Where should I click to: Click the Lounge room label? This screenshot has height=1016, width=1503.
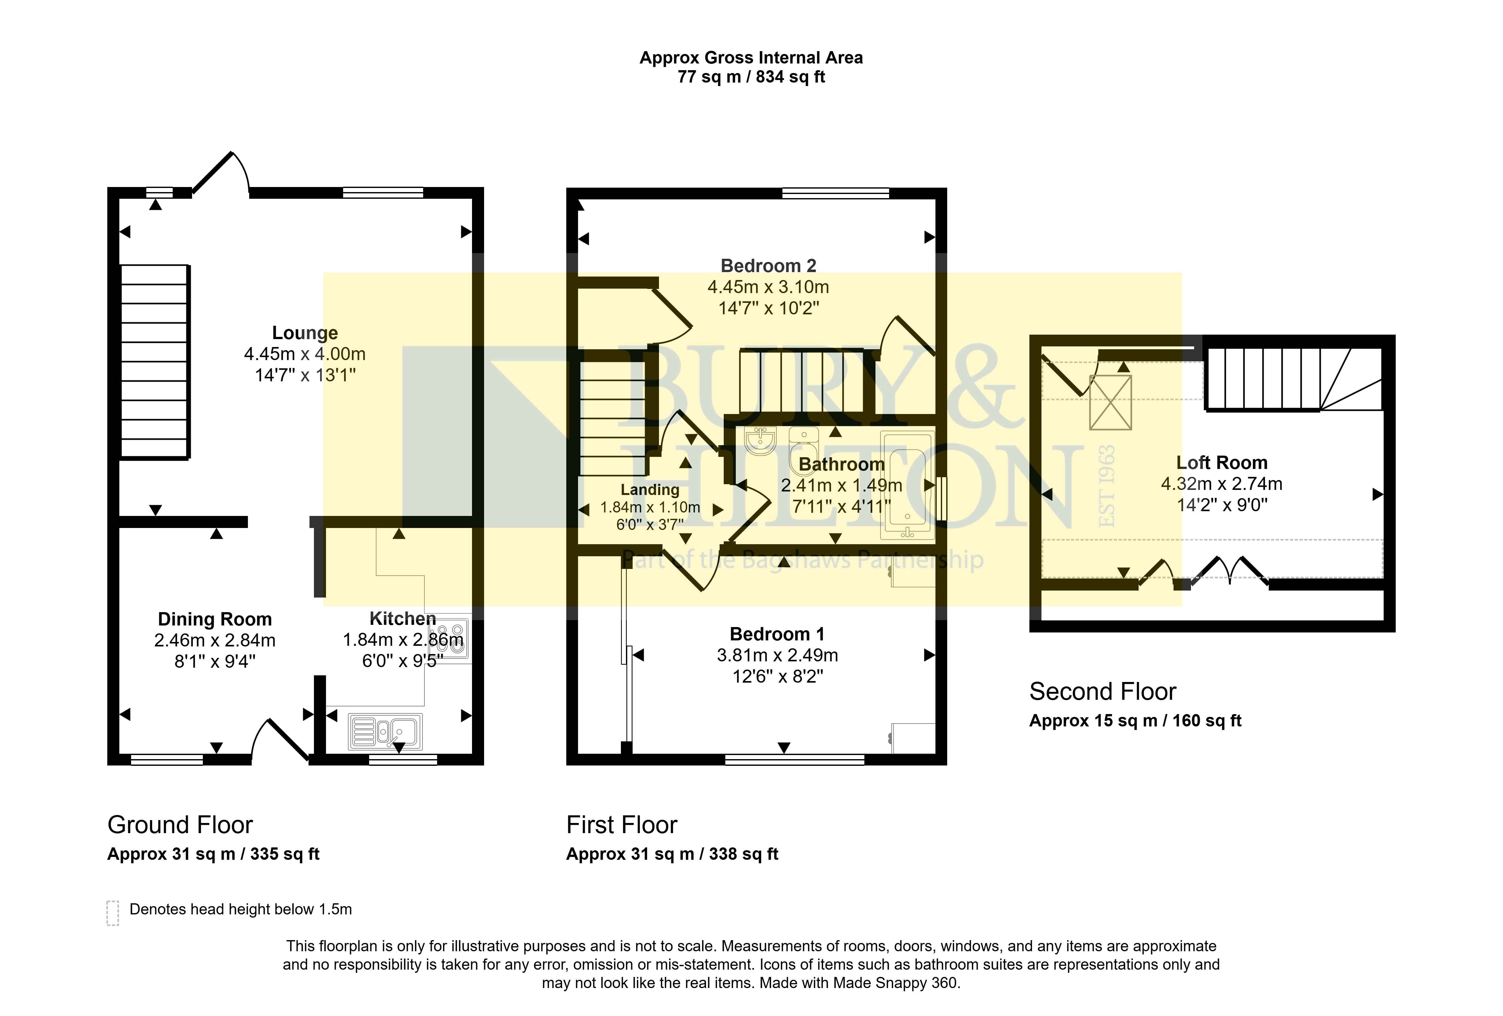click(305, 333)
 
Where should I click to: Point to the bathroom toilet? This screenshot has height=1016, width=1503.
click(804, 442)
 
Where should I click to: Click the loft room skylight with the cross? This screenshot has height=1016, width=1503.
click(1110, 402)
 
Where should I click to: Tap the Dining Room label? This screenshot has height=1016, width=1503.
click(215, 619)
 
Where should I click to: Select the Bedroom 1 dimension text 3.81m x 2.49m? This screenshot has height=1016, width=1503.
click(777, 655)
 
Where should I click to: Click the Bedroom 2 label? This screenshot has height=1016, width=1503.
click(768, 266)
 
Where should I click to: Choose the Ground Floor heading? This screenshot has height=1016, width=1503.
click(180, 825)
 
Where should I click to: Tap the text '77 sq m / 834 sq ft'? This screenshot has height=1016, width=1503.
click(751, 77)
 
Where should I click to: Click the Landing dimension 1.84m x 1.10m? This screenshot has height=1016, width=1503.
click(650, 508)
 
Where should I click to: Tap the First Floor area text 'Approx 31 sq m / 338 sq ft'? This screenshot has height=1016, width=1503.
click(672, 854)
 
